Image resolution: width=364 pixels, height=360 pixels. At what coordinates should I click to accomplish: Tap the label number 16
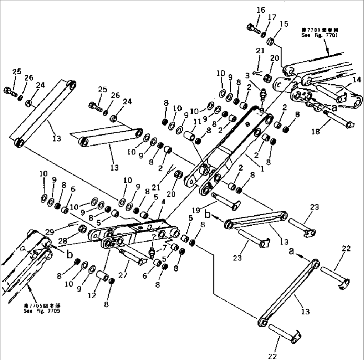260,10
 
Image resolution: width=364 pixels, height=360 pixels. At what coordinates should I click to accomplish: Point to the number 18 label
315,132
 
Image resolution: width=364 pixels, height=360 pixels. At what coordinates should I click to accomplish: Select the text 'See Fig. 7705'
42,311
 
